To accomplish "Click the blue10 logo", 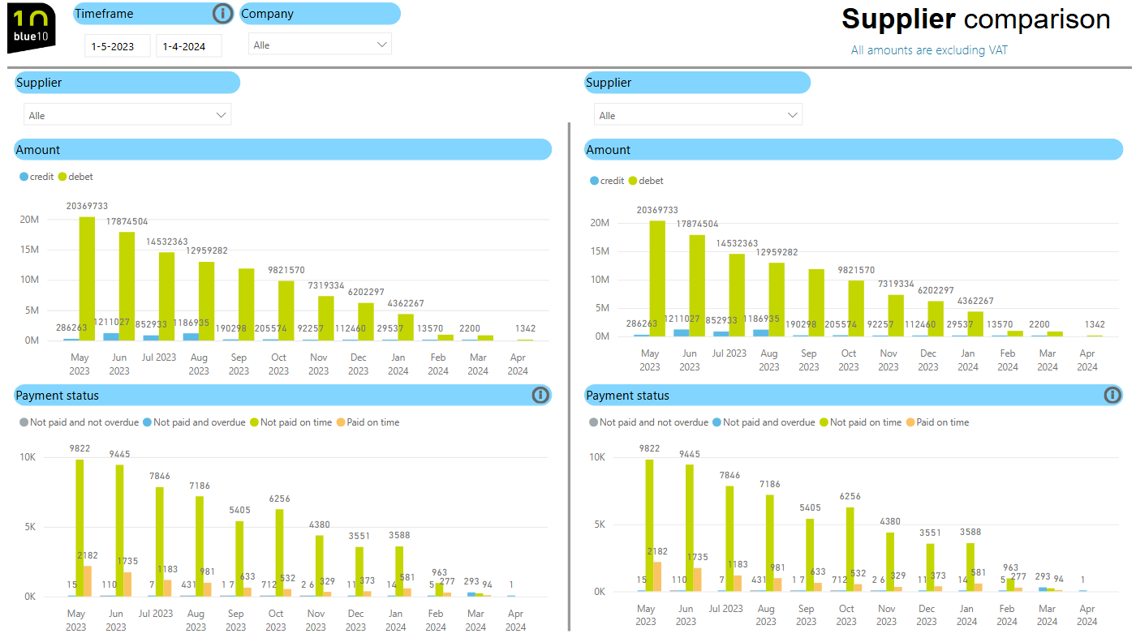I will click(x=31, y=28).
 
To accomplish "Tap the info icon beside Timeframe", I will click(x=222, y=14).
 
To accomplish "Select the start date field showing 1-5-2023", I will click(x=117, y=46).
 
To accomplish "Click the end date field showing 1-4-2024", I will click(x=188, y=46).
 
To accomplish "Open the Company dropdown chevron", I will click(x=382, y=45).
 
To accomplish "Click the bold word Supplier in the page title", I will click(x=898, y=19).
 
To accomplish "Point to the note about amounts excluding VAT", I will click(x=929, y=50).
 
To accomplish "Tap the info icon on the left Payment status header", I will click(x=540, y=395).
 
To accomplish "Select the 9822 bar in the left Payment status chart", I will click(x=80, y=528).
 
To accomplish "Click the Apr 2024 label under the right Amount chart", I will click(x=1087, y=360).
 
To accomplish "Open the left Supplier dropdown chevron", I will click(x=221, y=115).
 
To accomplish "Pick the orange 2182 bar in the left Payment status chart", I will click(x=88, y=580).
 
